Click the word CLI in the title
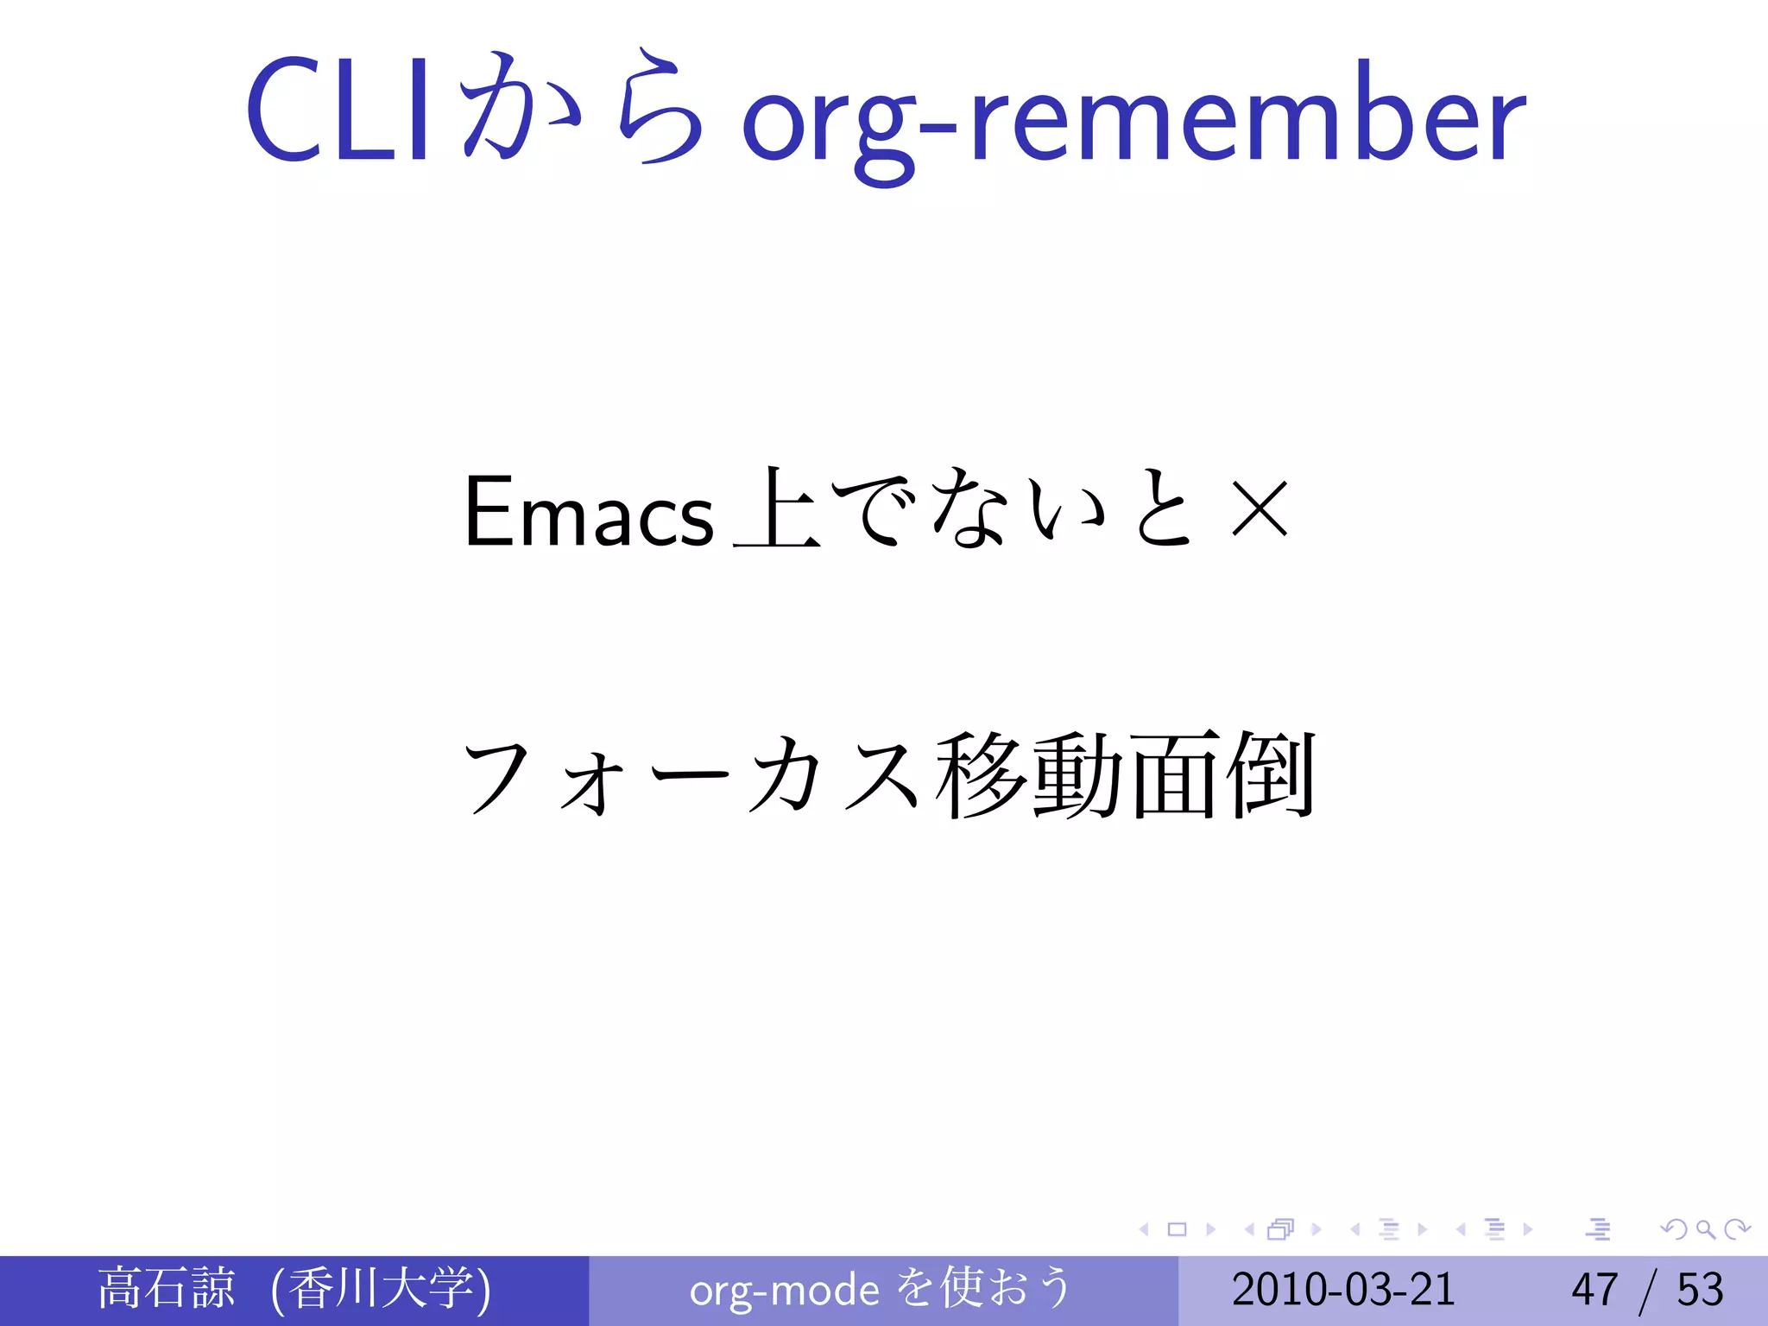click(x=337, y=110)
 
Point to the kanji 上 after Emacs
click(x=775, y=509)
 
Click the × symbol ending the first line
click(x=1260, y=509)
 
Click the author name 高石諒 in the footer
click(x=166, y=1289)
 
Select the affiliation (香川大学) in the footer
click(x=380, y=1289)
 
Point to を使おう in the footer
click(x=984, y=1289)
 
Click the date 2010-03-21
click(x=1343, y=1290)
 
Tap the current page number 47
click(x=1594, y=1290)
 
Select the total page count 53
click(x=1700, y=1290)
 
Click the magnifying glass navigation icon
click(x=1705, y=1229)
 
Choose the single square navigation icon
click(x=1177, y=1229)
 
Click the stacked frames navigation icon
click(x=1280, y=1229)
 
